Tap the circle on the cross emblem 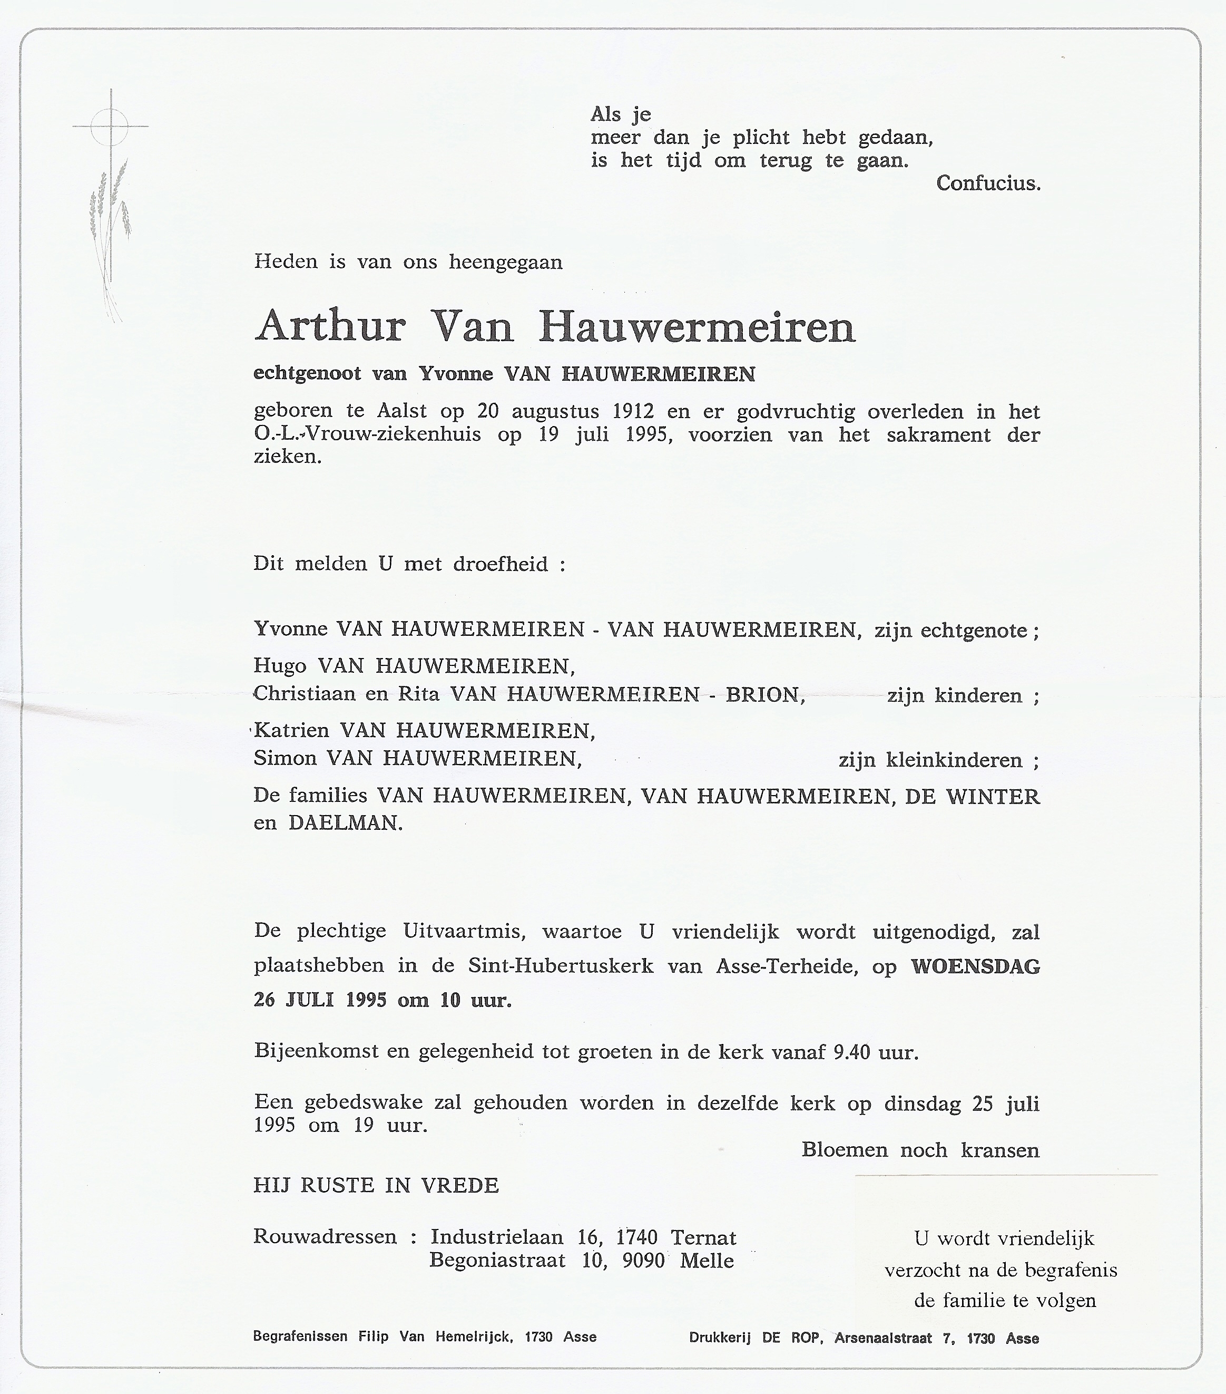[110, 127]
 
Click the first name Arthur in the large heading [330, 327]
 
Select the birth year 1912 [633, 411]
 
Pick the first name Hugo [279, 664]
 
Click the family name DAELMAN [345, 822]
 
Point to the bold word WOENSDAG [975, 966]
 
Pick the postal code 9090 [643, 1260]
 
